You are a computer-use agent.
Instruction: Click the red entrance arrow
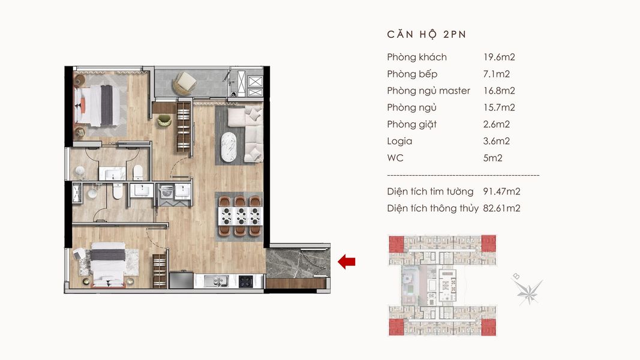click(347, 262)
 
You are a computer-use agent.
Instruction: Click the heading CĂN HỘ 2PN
click(426, 35)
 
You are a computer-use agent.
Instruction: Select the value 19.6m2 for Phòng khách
click(499, 57)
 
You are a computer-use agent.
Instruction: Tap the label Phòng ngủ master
click(429, 91)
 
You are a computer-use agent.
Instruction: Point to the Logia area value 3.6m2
click(496, 141)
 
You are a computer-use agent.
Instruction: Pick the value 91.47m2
click(501, 191)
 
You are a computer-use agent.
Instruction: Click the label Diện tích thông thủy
click(432, 209)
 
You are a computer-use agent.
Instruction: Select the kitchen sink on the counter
click(217, 281)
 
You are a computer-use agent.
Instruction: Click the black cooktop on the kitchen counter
click(246, 281)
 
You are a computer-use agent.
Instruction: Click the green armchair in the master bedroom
click(164, 120)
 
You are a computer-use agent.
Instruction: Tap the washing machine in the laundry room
click(167, 192)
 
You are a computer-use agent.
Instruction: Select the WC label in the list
click(395, 158)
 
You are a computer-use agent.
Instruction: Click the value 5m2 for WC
click(492, 158)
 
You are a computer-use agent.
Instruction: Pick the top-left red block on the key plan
click(396, 244)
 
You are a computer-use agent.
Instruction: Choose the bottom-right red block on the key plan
click(489, 327)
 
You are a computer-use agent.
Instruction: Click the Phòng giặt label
click(412, 124)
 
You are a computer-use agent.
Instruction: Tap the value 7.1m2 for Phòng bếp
click(496, 74)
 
